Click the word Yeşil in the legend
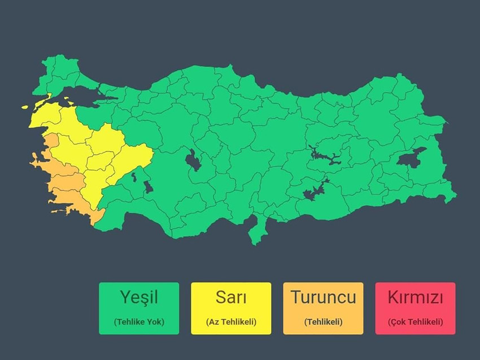[138, 297]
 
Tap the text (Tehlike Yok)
[138, 322]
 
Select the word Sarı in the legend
[231, 297]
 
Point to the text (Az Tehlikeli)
[231, 322]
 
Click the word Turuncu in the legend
[323, 297]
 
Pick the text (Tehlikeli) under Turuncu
[323, 322]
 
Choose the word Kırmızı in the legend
[415, 297]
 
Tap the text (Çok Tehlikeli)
[415, 322]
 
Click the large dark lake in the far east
[412, 157]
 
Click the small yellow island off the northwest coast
[25, 106]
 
